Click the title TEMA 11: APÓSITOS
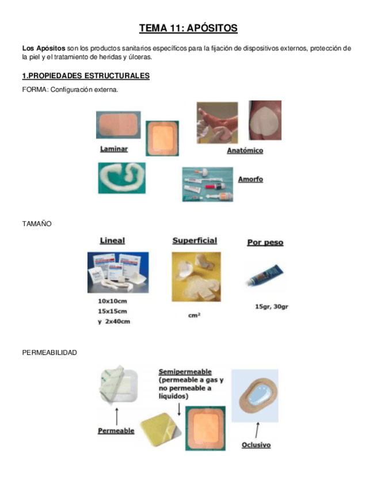(188, 28)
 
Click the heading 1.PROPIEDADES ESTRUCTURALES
(86, 76)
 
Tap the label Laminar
(113, 148)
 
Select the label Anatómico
(245, 151)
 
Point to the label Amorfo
(250, 179)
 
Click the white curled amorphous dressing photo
(121, 177)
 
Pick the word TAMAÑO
(37, 223)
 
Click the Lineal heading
(112, 241)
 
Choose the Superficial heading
(195, 241)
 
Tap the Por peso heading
(265, 242)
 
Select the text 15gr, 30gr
(271, 306)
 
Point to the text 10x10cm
(113, 301)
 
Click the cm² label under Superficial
(195, 315)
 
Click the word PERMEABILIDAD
(49, 352)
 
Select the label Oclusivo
(256, 445)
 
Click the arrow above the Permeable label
(117, 415)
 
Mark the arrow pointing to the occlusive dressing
(257, 429)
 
